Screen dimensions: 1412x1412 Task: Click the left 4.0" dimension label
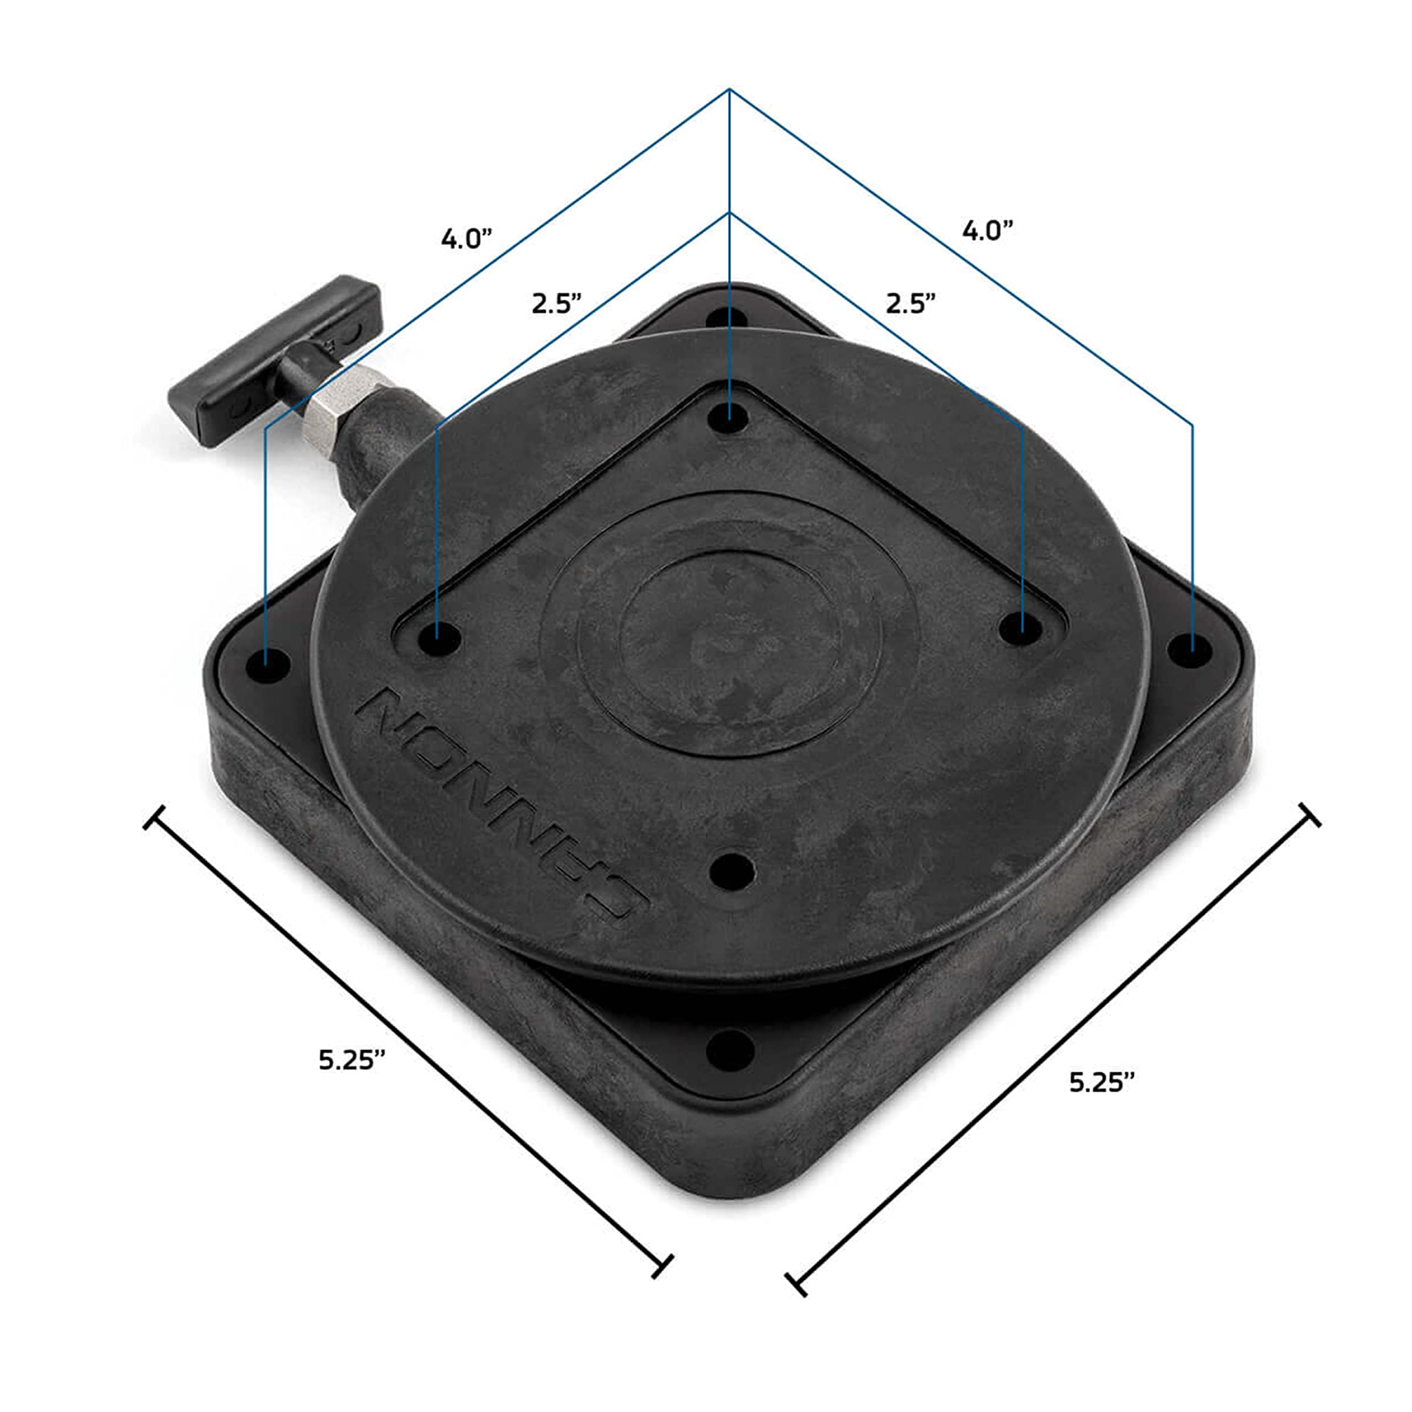[x=466, y=239]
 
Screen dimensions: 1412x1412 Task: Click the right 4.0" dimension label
[x=987, y=231]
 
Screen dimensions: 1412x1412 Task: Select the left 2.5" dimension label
[x=556, y=303]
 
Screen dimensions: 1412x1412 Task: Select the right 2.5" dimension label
[x=910, y=303]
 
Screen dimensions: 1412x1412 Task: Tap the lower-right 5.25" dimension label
[x=1102, y=1082]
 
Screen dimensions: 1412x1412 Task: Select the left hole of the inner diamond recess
[x=438, y=640]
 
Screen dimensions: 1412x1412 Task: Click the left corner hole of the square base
[x=268, y=665]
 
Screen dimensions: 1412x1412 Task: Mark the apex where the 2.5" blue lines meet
[x=729, y=213]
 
